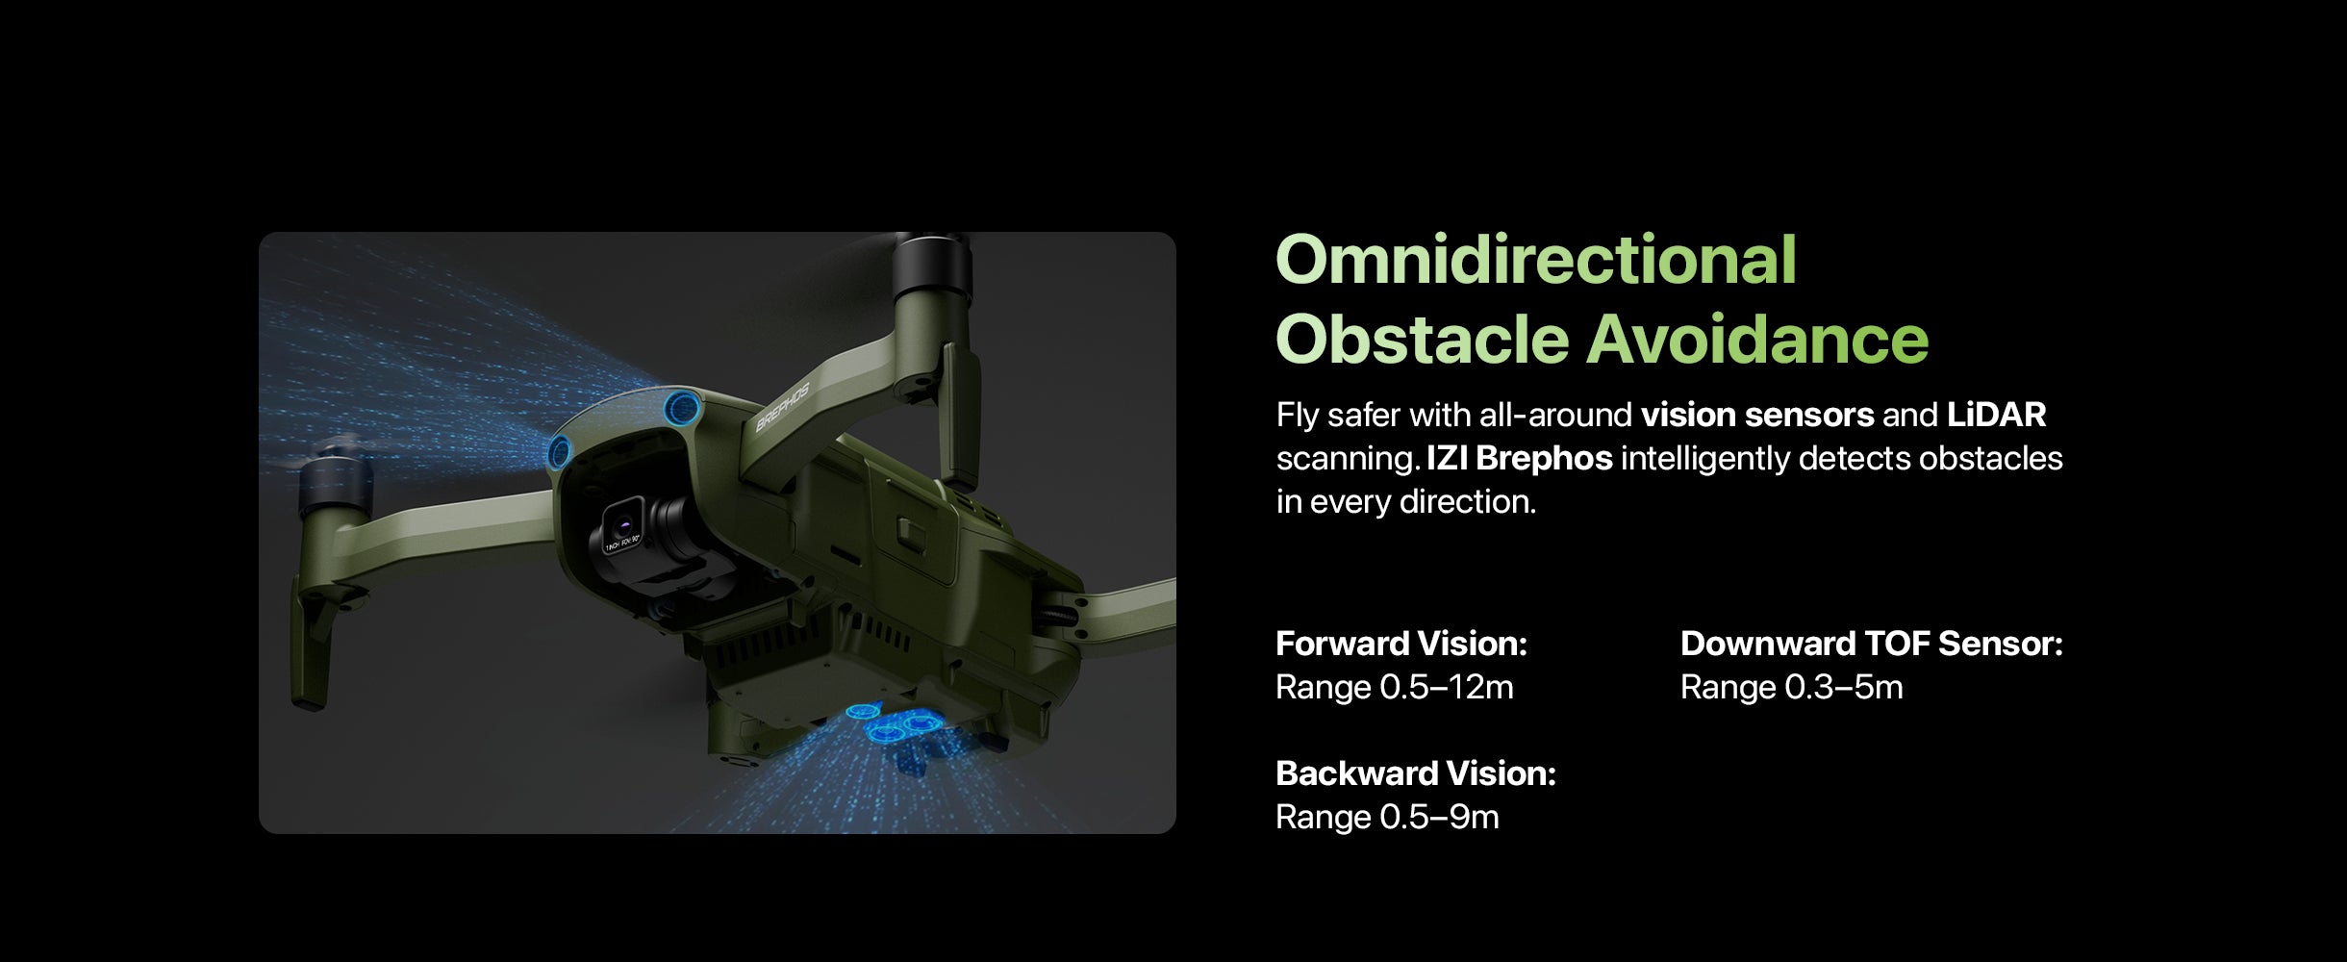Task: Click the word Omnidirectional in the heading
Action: pyautogui.click(x=1536, y=260)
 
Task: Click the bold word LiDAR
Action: pyautogui.click(x=1997, y=415)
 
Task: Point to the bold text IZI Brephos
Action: pyautogui.click(x=1520, y=458)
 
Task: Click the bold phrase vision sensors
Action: pyautogui.click(x=1757, y=415)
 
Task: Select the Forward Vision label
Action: pyautogui.click(x=1401, y=644)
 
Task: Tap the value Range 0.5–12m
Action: pyautogui.click(x=1395, y=687)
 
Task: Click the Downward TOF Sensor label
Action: pyautogui.click(x=1872, y=644)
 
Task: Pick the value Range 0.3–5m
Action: pyautogui.click(x=1792, y=687)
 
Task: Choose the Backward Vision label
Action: pyautogui.click(x=1416, y=773)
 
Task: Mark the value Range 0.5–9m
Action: pyautogui.click(x=1387, y=817)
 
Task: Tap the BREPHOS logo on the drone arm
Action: pyautogui.click(x=783, y=407)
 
